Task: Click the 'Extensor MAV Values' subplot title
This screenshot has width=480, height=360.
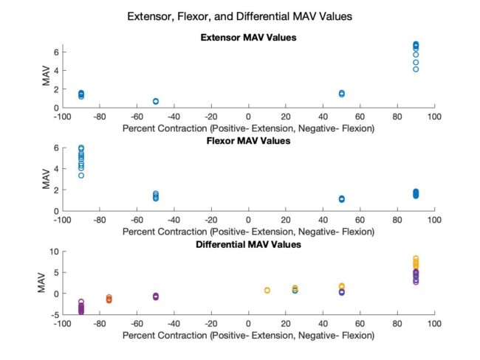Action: click(248, 38)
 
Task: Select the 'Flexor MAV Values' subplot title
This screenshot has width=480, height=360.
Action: click(248, 141)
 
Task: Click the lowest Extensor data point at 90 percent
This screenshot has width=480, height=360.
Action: click(416, 69)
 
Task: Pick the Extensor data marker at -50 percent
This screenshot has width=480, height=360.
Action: click(156, 101)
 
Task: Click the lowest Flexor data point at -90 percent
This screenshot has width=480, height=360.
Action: click(81, 176)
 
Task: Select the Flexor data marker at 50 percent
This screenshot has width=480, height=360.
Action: click(341, 199)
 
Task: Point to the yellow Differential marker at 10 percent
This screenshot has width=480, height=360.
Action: click(267, 290)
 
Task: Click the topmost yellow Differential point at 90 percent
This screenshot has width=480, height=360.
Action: click(416, 259)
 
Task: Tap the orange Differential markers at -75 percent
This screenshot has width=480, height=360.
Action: click(109, 299)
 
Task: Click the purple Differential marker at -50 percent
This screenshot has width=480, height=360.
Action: click(156, 297)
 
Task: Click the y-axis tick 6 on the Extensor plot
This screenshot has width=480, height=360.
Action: click(55, 52)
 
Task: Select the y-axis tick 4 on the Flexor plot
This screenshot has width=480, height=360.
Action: click(55, 169)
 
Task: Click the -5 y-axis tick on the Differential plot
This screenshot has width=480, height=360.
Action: click(54, 315)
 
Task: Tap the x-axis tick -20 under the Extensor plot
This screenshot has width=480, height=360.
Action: click(210, 117)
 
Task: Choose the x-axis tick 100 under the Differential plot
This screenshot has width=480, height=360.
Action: click(434, 323)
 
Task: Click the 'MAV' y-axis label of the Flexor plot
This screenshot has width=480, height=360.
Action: click(45, 179)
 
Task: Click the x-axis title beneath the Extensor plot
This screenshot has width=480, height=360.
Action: click(248, 128)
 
